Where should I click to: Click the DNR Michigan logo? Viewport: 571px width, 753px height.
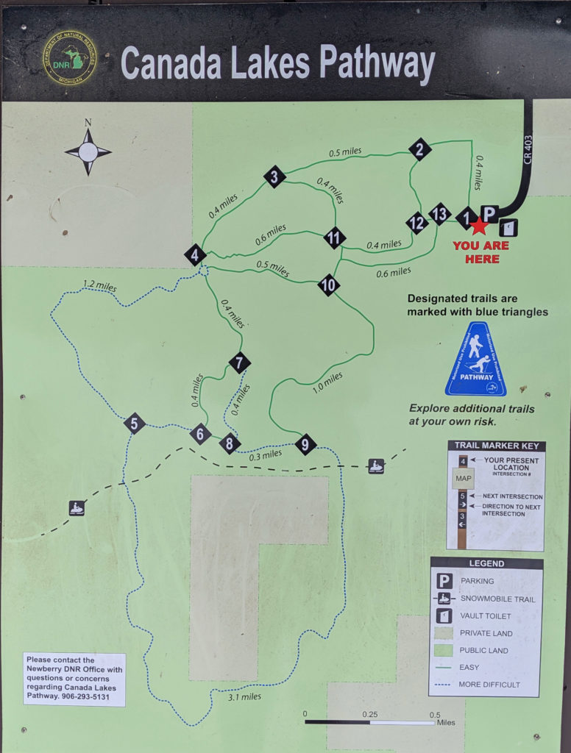[70, 57]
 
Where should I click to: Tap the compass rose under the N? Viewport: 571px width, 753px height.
[88, 152]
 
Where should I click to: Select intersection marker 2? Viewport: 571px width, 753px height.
[420, 149]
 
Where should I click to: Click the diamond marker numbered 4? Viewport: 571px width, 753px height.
[195, 255]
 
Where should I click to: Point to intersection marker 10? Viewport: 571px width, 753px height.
[329, 285]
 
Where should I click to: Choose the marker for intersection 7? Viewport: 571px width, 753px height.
[239, 363]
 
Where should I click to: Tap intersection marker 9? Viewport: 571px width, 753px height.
[305, 444]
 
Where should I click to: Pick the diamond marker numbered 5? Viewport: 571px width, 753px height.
[134, 424]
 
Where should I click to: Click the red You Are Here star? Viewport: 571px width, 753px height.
[479, 226]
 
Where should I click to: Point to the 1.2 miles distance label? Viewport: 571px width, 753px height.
[99, 286]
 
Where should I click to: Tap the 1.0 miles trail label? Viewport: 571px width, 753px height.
[327, 382]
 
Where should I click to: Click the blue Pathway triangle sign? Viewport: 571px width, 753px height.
[476, 360]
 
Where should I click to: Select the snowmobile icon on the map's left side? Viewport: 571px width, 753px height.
[77, 508]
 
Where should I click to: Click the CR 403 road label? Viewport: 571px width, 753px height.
[528, 150]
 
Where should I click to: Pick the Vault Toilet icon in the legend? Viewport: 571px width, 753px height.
[444, 616]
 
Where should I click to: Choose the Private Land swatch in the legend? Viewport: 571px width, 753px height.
[444, 633]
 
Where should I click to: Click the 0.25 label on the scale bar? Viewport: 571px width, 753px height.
[370, 715]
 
